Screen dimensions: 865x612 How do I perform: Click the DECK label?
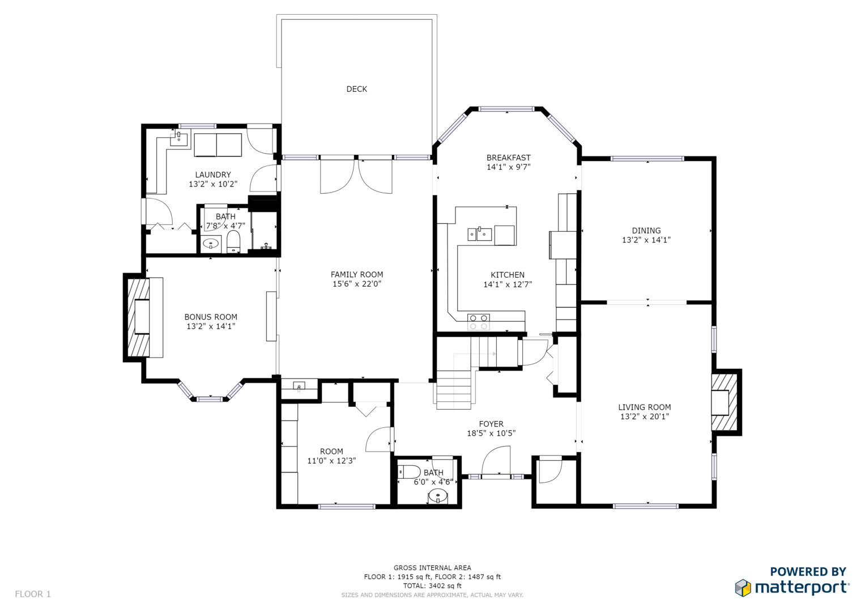tap(356, 90)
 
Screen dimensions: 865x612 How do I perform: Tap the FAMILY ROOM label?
tap(356, 275)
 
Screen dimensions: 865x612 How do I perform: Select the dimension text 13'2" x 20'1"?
tap(645, 416)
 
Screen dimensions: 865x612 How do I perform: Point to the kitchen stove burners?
tap(479, 322)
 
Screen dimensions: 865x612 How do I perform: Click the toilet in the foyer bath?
tap(409, 472)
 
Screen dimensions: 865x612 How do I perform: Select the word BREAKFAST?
tap(508, 158)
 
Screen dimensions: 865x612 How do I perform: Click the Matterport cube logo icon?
tap(743, 588)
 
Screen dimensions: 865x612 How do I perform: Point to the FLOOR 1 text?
tap(33, 594)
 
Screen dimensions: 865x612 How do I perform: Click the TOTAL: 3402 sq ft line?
tap(432, 586)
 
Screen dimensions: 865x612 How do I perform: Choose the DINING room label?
tap(646, 231)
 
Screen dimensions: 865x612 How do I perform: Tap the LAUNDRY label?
tap(213, 175)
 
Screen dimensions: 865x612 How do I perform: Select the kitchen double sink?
tap(480, 234)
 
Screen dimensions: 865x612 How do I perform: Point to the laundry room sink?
tap(179, 139)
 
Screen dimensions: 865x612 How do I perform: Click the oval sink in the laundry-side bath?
tap(211, 244)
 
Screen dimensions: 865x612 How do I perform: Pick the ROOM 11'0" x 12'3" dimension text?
tap(331, 461)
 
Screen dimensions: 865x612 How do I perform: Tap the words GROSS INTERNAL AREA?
tap(432, 568)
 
